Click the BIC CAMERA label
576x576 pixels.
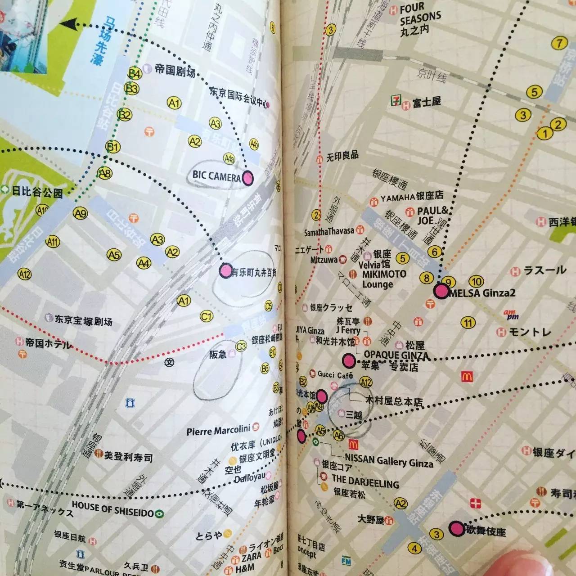tap(216, 176)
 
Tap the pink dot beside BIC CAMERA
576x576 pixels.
tap(247, 179)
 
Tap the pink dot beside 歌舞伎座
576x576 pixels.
tap(457, 528)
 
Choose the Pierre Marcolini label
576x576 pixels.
tap(218, 431)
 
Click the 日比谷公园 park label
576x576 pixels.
tap(37, 192)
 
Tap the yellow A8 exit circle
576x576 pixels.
tap(105, 173)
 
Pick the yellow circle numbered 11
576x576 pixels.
tap(468, 323)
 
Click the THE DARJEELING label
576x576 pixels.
tap(365, 481)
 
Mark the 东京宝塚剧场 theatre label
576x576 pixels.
tap(83, 320)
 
